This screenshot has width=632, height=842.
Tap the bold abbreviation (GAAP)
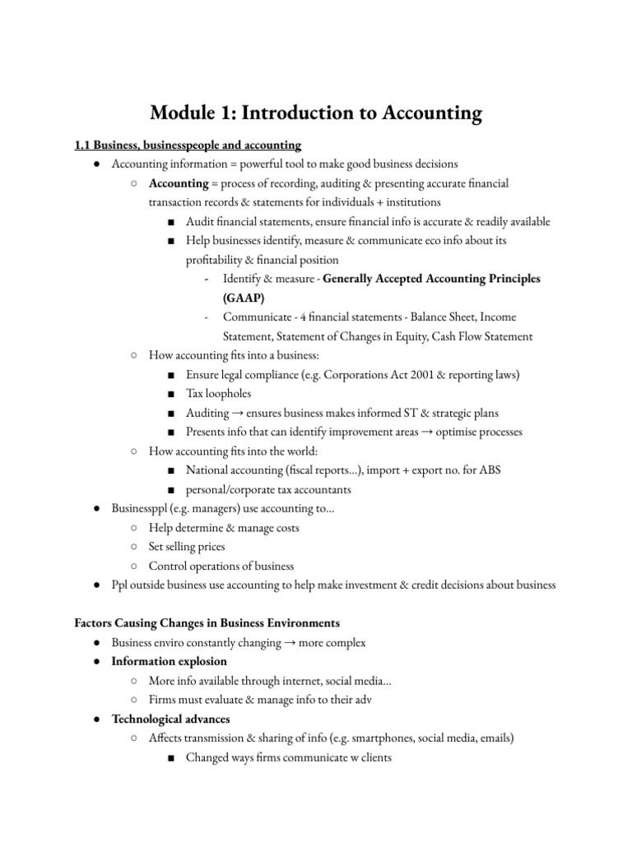244,298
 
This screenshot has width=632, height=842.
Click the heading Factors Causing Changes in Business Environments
207,623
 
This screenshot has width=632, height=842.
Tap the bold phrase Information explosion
170,661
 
